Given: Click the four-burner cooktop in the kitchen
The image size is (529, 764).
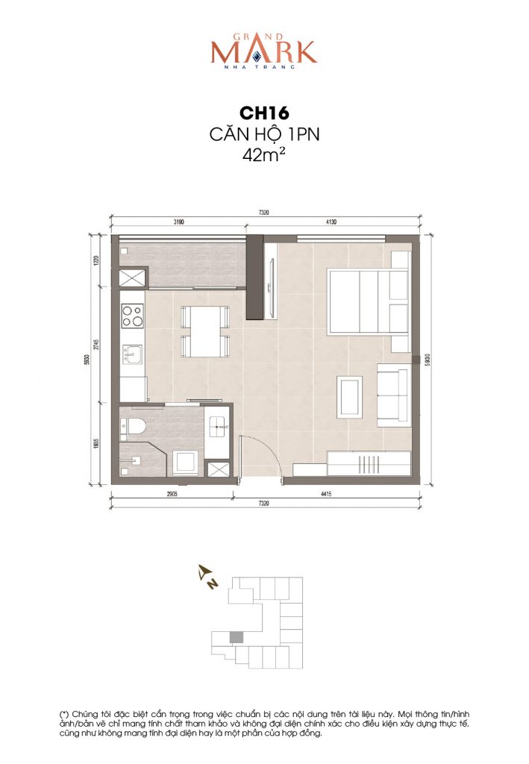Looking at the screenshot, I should click(x=132, y=316).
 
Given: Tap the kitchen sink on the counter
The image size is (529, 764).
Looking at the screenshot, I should click(x=133, y=354).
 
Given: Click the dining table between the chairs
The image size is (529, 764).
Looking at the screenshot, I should click(x=201, y=331).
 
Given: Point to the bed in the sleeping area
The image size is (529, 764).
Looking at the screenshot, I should click(x=363, y=301).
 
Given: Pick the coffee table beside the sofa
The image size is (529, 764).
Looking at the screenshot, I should click(x=350, y=396).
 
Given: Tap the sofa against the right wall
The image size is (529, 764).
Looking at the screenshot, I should click(x=393, y=395).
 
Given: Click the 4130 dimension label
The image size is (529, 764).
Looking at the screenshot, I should click(x=331, y=222).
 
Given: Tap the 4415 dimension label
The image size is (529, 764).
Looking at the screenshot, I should click(x=331, y=494).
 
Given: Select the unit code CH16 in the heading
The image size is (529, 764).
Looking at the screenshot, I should click(x=265, y=113).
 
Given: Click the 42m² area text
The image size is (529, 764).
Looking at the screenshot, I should click(x=265, y=156).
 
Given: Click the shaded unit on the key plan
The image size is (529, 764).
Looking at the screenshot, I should click(x=236, y=636).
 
